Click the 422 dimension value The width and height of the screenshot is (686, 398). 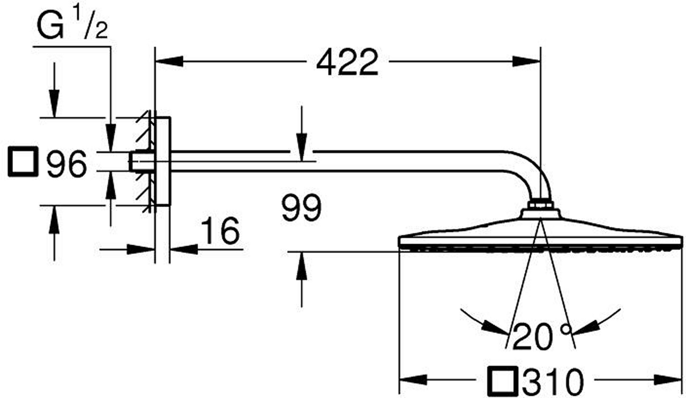pos(347,62)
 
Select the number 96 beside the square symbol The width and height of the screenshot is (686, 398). pos(66,164)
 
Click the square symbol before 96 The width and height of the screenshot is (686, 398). pos(23,161)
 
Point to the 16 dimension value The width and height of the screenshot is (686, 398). pos(220,230)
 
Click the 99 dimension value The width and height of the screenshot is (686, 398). pos(302,208)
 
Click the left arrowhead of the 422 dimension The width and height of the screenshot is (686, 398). pos(169,61)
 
